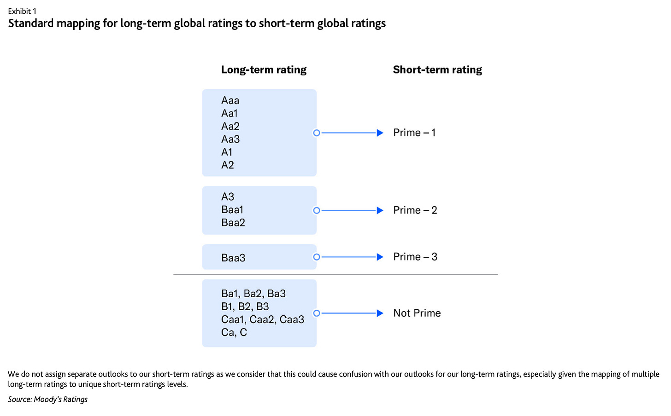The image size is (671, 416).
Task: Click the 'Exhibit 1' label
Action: point(22,11)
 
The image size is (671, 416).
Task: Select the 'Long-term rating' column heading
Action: point(264,69)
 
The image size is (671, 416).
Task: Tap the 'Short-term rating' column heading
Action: point(437,69)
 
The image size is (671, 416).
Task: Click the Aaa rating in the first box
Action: point(230,100)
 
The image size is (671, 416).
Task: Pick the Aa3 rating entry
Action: point(230,139)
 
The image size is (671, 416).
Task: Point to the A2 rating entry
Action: point(228,165)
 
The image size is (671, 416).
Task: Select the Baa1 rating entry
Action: point(232,209)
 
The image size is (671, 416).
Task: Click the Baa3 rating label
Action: point(233,258)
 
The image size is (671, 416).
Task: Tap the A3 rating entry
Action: point(228,196)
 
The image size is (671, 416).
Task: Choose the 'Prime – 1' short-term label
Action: point(414,133)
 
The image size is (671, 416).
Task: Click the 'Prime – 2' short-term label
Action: point(415,210)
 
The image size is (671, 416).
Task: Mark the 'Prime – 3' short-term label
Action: point(415,257)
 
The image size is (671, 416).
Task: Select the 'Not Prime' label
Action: point(417,313)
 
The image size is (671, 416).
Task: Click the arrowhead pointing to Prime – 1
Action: point(380,133)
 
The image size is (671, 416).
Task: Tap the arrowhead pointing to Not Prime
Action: point(380,313)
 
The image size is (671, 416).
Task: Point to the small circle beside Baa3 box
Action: point(317,257)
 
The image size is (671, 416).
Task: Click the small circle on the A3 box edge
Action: point(317,210)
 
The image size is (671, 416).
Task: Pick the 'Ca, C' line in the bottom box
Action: point(234,332)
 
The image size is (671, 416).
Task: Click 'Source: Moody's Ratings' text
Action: point(47,399)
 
